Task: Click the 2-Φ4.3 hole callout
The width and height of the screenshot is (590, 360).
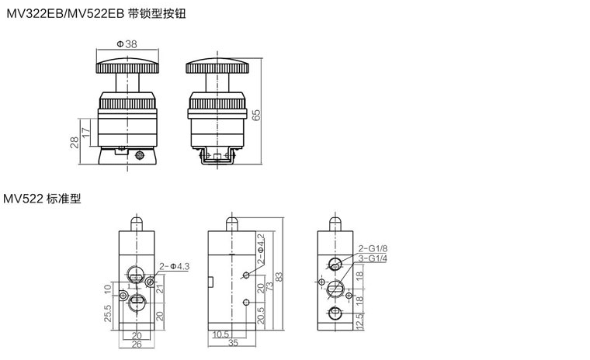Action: pyautogui.click(x=174, y=266)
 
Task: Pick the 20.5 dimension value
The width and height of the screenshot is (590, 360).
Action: pyautogui.click(x=262, y=314)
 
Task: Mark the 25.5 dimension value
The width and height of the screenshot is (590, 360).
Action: pyautogui.click(x=107, y=313)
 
